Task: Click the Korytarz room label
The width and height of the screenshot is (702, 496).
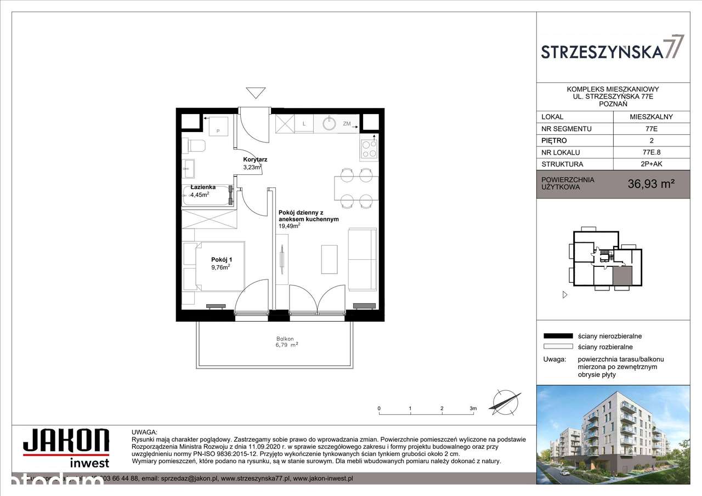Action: (x=255, y=159)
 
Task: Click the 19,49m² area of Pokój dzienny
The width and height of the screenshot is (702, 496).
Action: (x=289, y=225)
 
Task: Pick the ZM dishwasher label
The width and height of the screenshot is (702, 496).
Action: (x=347, y=124)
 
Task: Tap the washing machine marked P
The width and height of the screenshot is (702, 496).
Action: (x=218, y=126)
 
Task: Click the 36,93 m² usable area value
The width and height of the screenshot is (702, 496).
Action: (x=650, y=184)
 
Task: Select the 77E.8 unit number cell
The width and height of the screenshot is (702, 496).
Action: (x=650, y=152)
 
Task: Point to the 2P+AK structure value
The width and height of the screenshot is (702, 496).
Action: (x=650, y=164)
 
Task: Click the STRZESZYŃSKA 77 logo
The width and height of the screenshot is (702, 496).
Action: (x=613, y=48)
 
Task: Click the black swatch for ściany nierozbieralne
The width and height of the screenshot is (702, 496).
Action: (x=557, y=336)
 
